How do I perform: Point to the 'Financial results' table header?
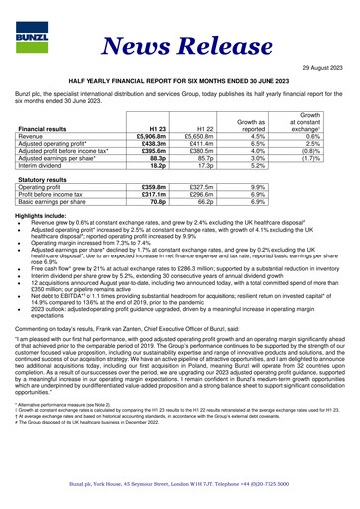coord(50,129)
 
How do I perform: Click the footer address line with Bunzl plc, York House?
coord(180,484)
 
